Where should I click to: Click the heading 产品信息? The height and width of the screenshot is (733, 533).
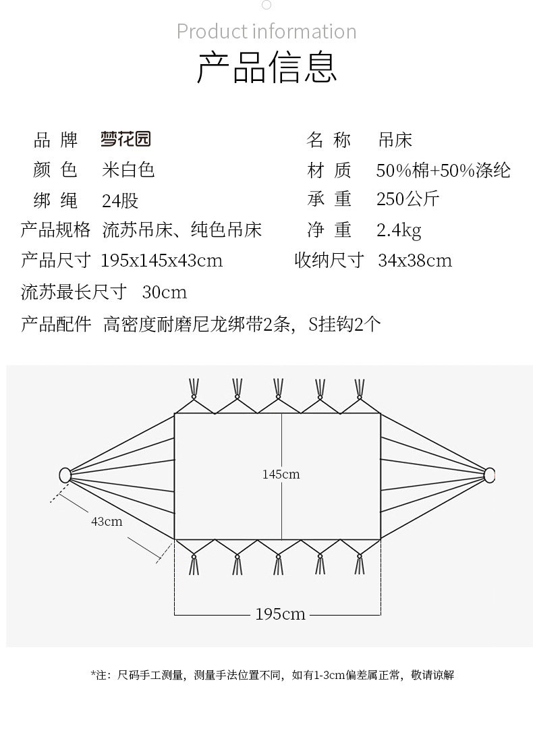pos(266,67)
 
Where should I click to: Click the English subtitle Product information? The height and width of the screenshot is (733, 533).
pos(266,32)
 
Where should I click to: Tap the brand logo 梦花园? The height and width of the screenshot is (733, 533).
pos(125,139)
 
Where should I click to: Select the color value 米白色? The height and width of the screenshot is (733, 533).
pos(128,169)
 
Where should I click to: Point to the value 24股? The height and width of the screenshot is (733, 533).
pos(120,200)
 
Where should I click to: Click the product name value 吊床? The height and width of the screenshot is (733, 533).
pos(395,140)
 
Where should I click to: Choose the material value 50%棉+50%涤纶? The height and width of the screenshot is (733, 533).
pos(443,169)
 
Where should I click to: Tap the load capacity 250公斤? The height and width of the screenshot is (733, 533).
pos(408,199)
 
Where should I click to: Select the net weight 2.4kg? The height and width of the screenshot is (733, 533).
pos(399,230)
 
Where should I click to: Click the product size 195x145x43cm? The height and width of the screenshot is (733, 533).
pos(162,261)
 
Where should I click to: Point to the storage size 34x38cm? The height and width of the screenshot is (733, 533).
pos(415,261)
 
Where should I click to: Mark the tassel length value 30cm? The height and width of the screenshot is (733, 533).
pos(165,292)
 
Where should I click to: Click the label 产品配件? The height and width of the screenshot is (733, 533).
pos(56,324)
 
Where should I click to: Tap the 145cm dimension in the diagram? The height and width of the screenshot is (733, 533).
pos(281,474)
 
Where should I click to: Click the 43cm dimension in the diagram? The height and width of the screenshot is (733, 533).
pos(107,521)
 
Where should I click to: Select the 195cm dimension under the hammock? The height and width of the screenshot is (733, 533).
pos(280,614)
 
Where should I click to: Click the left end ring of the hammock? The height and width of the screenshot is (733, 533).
pos(65,475)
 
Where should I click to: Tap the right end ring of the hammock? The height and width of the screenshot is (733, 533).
pos(490,475)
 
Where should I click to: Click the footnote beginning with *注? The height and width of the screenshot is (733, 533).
pos(272,674)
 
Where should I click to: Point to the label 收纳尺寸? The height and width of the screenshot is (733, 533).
pos(329,261)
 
